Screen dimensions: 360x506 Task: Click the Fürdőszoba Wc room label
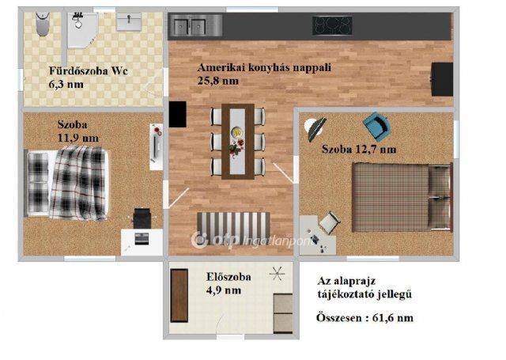coord(87,70)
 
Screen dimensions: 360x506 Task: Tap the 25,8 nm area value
coord(218,81)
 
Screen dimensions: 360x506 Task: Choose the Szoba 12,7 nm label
coord(358,149)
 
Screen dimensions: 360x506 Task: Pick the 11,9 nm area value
coord(78,138)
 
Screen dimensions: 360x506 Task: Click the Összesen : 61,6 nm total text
coord(364,319)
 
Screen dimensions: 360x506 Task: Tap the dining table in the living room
coord(236,141)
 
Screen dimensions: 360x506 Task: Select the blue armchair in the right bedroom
coord(376,123)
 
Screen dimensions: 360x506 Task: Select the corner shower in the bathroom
coord(81,29)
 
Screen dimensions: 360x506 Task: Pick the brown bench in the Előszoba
coord(179,295)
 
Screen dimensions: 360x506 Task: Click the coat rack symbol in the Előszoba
coord(277,275)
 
